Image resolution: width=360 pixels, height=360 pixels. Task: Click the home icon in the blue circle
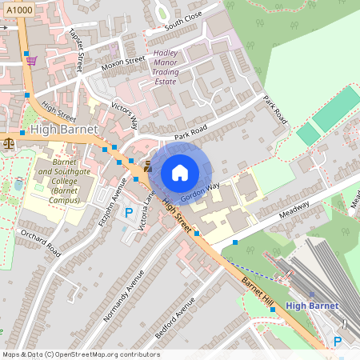click(180, 173)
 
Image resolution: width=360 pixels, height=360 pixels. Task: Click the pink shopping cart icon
click(31, 60)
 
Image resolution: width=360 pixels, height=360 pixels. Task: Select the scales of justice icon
click(9, 144)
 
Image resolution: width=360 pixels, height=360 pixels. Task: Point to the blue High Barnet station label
click(312, 305)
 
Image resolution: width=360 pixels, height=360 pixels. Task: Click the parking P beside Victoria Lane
click(129, 213)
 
